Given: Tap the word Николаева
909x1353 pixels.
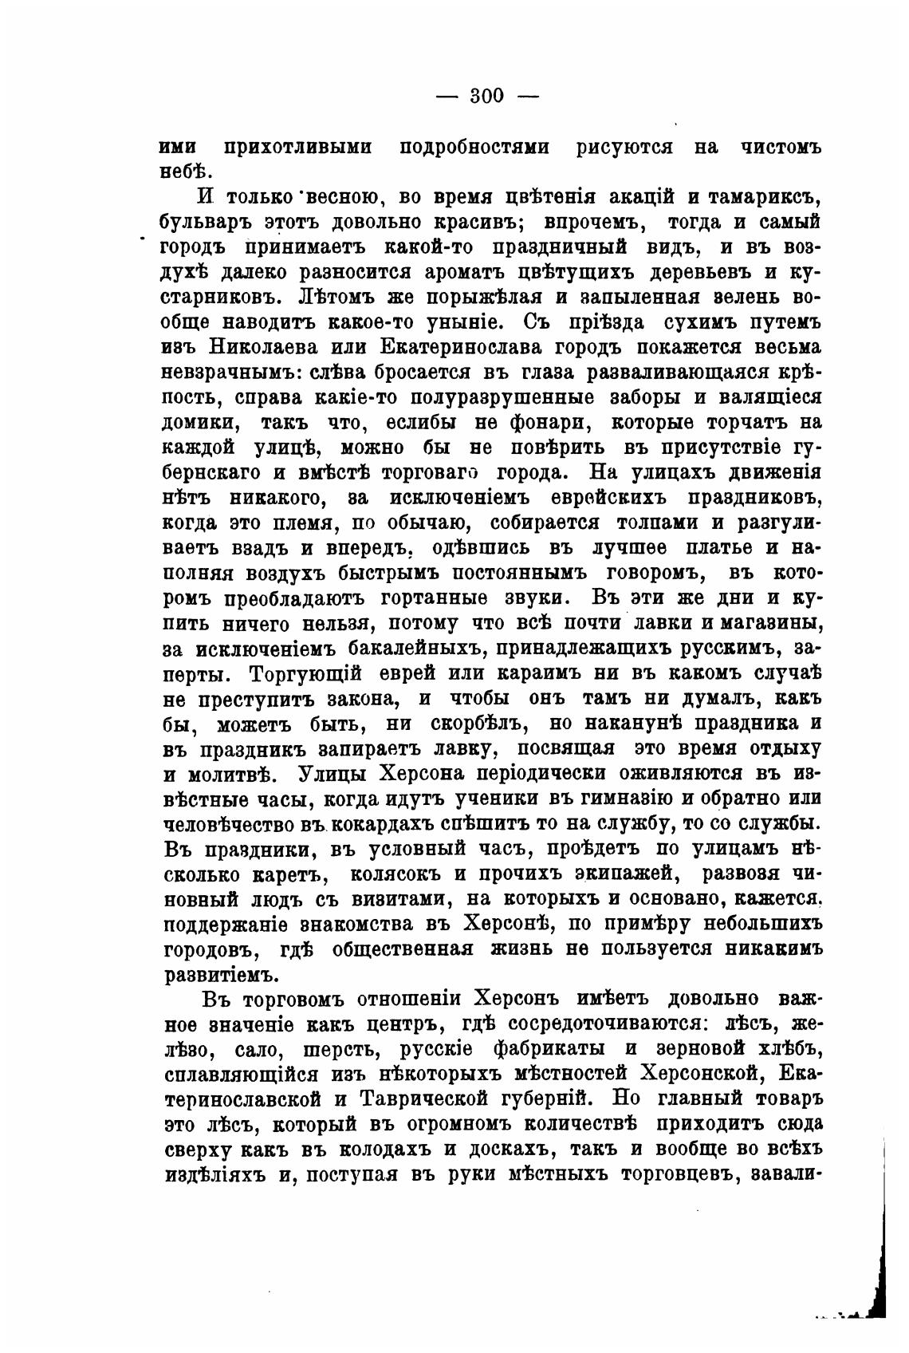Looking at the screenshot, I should [x=266, y=348].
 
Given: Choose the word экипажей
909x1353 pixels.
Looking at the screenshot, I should [x=624, y=874].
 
